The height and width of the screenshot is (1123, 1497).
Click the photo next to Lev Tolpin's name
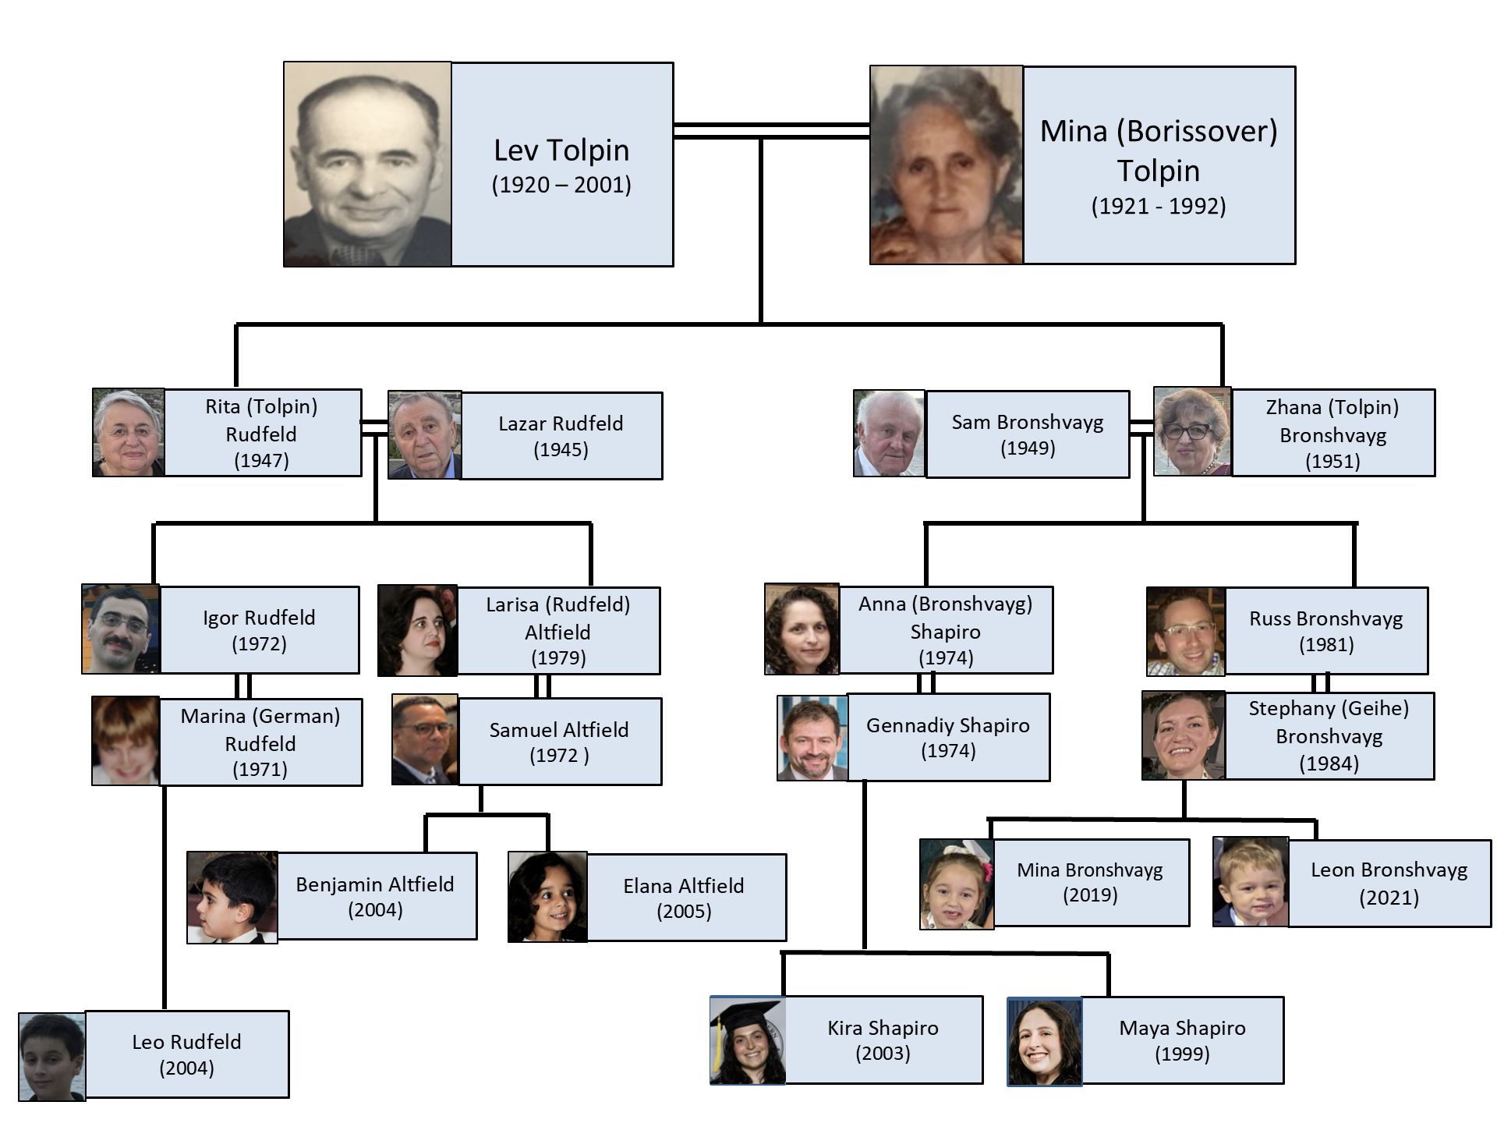point(367,165)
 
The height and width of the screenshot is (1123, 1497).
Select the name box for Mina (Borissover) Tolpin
point(1159,165)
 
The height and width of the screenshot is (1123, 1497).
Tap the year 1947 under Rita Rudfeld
point(261,461)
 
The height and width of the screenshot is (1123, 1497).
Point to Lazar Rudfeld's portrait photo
point(425,435)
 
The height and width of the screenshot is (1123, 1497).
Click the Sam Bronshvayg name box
point(1028,434)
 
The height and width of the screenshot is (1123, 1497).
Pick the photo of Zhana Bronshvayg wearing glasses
point(1192,431)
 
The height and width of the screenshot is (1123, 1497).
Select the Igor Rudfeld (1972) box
point(260,630)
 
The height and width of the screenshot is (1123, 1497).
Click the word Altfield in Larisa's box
point(557,632)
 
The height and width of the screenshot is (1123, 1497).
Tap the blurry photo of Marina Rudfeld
point(126,741)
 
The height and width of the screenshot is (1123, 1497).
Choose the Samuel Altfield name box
point(560,742)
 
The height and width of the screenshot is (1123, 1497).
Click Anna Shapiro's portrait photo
point(802,629)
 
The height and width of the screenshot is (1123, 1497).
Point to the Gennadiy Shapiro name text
point(948,725)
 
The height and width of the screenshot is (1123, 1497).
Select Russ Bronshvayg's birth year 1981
point(1326,645)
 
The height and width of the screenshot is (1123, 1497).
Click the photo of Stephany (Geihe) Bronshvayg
point(1184,735)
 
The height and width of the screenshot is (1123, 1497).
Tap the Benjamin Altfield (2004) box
point(377,896)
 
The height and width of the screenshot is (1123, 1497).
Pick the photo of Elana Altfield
point(547,897)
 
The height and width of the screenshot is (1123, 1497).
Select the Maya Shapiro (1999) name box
point(1183,1040)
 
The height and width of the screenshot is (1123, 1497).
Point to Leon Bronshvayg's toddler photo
point(1251,882)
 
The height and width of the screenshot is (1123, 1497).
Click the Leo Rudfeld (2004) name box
point(187,1054)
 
